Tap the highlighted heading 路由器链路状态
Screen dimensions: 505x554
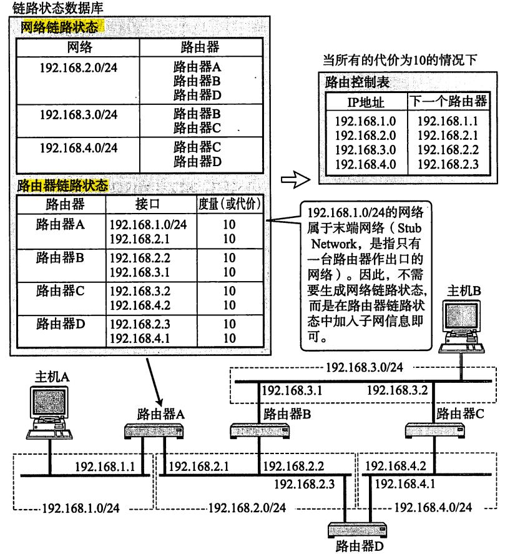coord(62,185)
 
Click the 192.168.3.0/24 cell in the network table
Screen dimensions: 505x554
coord(78,114)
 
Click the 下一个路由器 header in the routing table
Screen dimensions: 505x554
coord(448,102)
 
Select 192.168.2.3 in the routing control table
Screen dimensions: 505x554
coord(447,164)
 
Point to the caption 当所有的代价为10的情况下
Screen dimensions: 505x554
coord(400,61)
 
